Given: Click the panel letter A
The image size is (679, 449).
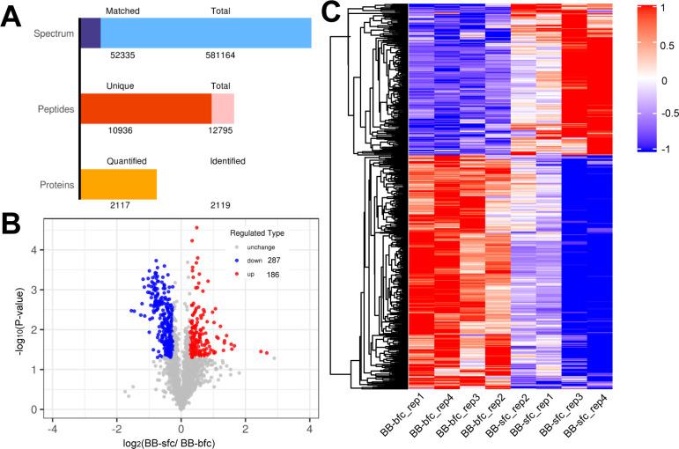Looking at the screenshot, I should (15, 15).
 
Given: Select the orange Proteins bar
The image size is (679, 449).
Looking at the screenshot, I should (119, 183).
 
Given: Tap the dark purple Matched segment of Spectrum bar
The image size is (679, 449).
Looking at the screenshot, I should (91, 33).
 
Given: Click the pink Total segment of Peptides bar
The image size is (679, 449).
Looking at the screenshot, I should (223, 108).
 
